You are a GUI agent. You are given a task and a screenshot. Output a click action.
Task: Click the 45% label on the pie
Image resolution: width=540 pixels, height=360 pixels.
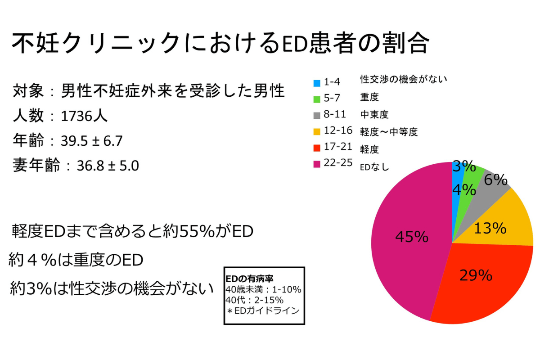[x=411, y=237]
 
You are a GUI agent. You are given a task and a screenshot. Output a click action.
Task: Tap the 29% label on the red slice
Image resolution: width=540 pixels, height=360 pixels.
[x=476, y=275]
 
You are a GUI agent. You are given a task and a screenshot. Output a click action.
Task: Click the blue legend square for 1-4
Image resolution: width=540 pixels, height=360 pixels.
[x=316, y=83]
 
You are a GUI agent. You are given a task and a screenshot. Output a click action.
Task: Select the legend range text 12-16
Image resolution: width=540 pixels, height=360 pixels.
[x=338, y=131]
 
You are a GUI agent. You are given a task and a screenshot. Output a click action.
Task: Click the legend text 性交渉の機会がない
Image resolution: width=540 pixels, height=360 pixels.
[x=403, y=80]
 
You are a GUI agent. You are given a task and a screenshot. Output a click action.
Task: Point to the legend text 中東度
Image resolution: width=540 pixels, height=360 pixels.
[x=374, y=115]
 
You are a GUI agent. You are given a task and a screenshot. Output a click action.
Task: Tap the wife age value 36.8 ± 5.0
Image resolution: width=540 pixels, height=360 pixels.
[x=108, y=166]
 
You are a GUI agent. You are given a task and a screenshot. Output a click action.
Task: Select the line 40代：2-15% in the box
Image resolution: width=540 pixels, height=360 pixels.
[x=254, y=300]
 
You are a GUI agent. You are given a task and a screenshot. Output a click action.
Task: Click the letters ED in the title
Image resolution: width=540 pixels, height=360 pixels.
[x=293, y=44]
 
